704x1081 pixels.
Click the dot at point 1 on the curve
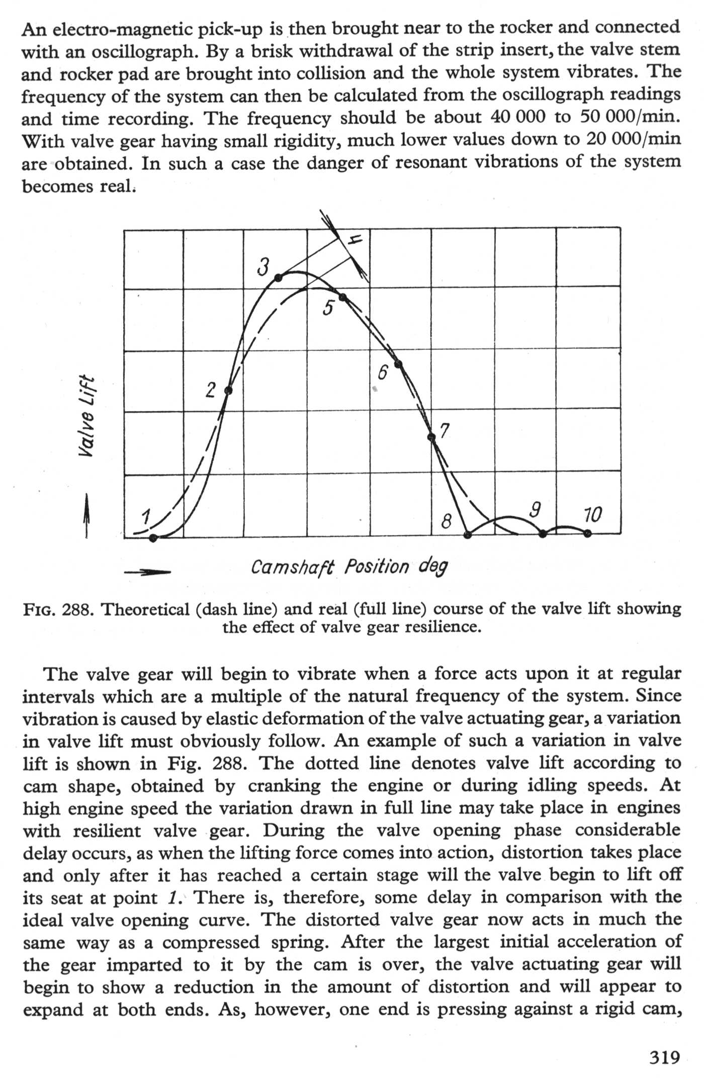tap(154, 538)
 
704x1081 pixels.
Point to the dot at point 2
tap(228, 391)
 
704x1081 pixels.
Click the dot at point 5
tap(343, 298)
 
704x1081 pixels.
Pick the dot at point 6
tap(399, 364)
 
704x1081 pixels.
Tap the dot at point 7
tap(431, 437)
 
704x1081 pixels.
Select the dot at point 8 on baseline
tap(468, 534)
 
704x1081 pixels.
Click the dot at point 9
tap(543, 534)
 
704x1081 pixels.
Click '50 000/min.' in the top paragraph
tap(630, 118)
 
